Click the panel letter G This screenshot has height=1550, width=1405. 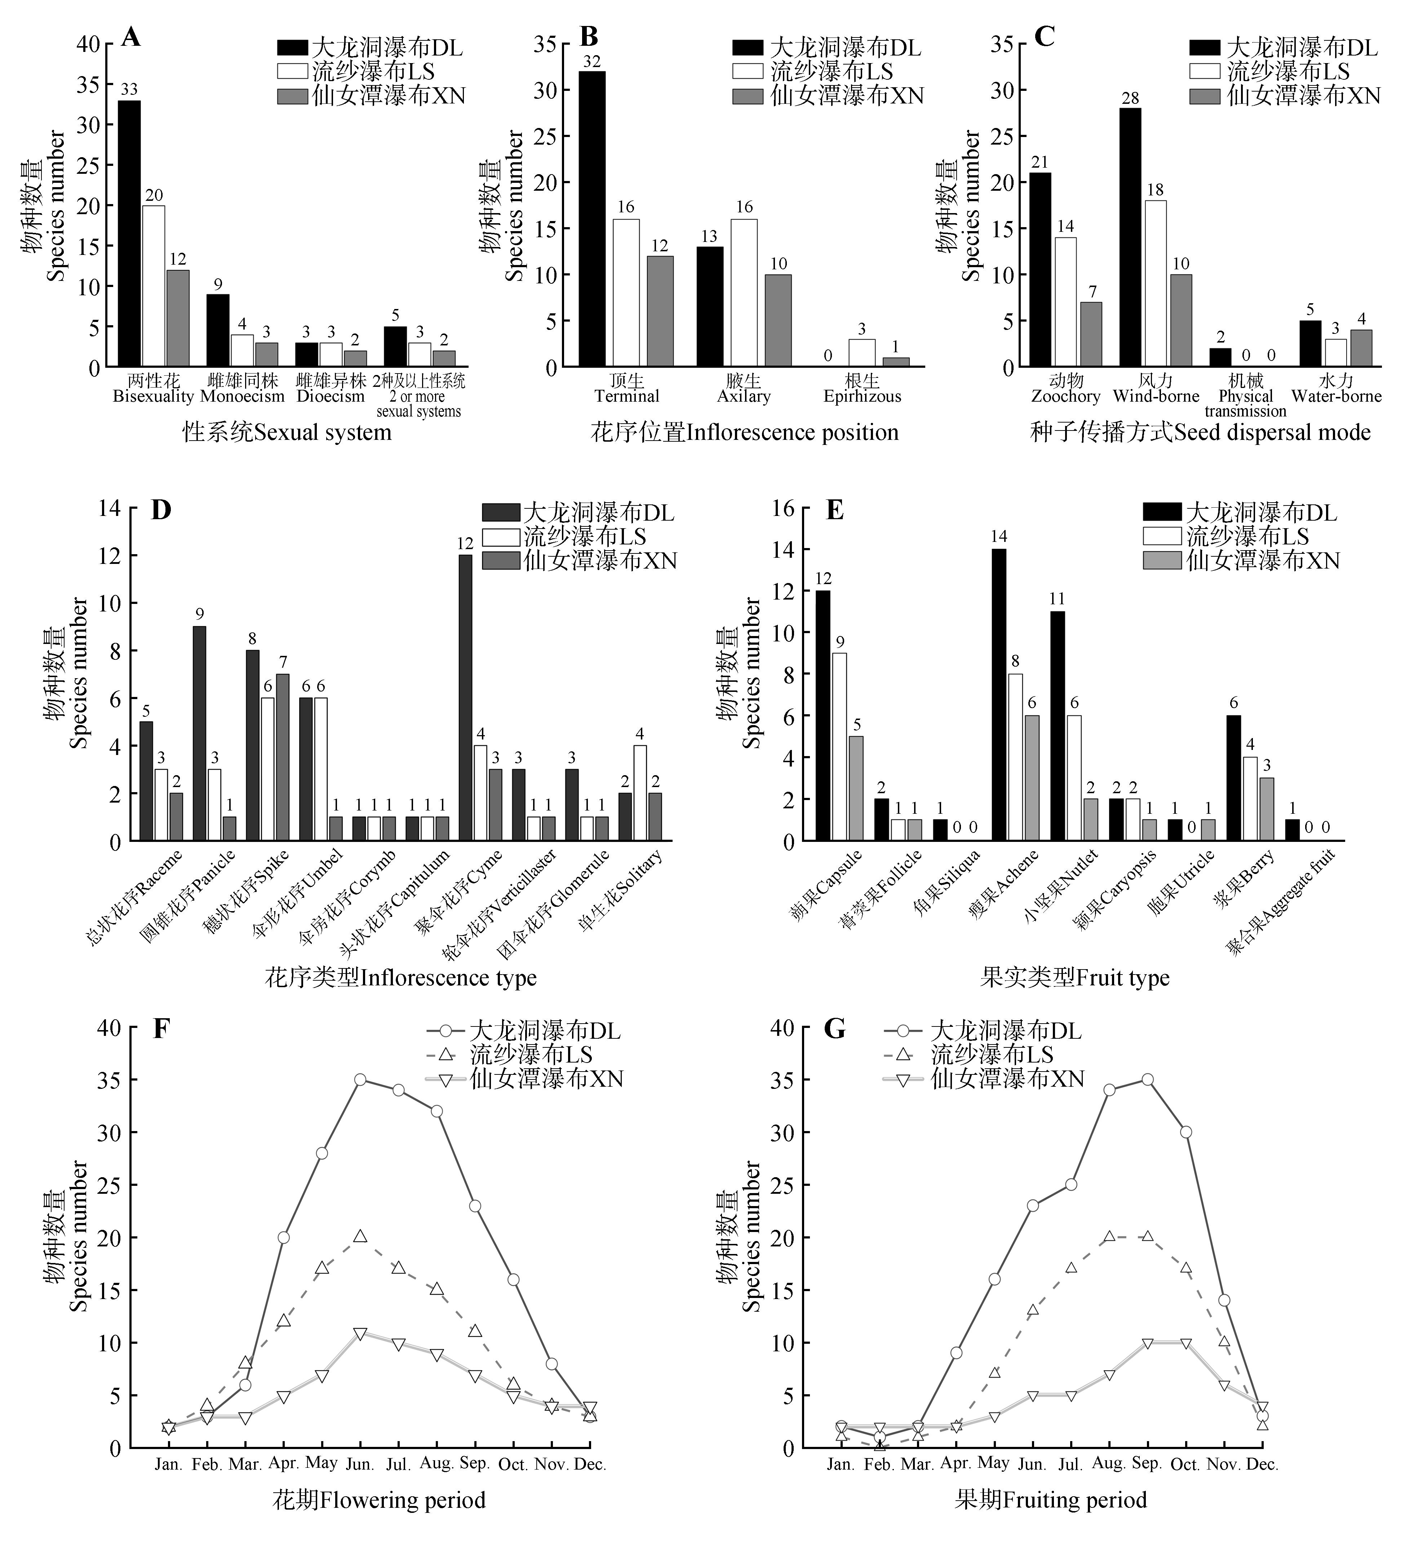click(x=834, y=1029)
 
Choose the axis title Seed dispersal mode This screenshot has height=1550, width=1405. click(x=1200, y=432)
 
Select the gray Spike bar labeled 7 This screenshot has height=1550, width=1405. click(x=282, y=757)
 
